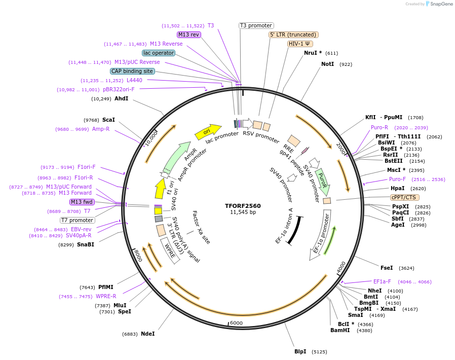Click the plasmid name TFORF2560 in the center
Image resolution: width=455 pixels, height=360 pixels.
(x=243, y=206)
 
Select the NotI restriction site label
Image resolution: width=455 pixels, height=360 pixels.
(x=328, y=64)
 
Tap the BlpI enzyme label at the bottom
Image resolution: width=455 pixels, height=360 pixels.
(x=300, y=351)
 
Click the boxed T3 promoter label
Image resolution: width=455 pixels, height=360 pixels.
(x=256, y=25)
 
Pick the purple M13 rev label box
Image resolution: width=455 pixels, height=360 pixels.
(x=188, y=34)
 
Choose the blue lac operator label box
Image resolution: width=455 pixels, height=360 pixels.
(x=159, y=53)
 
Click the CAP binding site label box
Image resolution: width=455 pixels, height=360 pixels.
(x=132, y=71)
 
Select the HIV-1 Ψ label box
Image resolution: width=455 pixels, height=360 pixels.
(x=299, y=44)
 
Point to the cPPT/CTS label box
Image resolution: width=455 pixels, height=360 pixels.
(x=404, y=197)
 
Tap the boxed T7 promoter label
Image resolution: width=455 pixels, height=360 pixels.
(x=78, y=220)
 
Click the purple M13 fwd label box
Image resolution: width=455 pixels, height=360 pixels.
(x=83, y=202)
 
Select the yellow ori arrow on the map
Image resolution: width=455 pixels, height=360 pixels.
(x=208, y=131)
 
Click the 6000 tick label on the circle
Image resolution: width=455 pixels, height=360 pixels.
(x=237, y=323)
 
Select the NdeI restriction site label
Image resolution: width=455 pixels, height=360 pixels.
(x=148, y=334)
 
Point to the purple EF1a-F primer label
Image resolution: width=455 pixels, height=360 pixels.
(x=382, y=281)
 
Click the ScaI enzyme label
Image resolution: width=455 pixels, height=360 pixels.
(x=108, y=120)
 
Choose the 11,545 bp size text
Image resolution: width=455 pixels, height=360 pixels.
(x=243, y=212)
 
